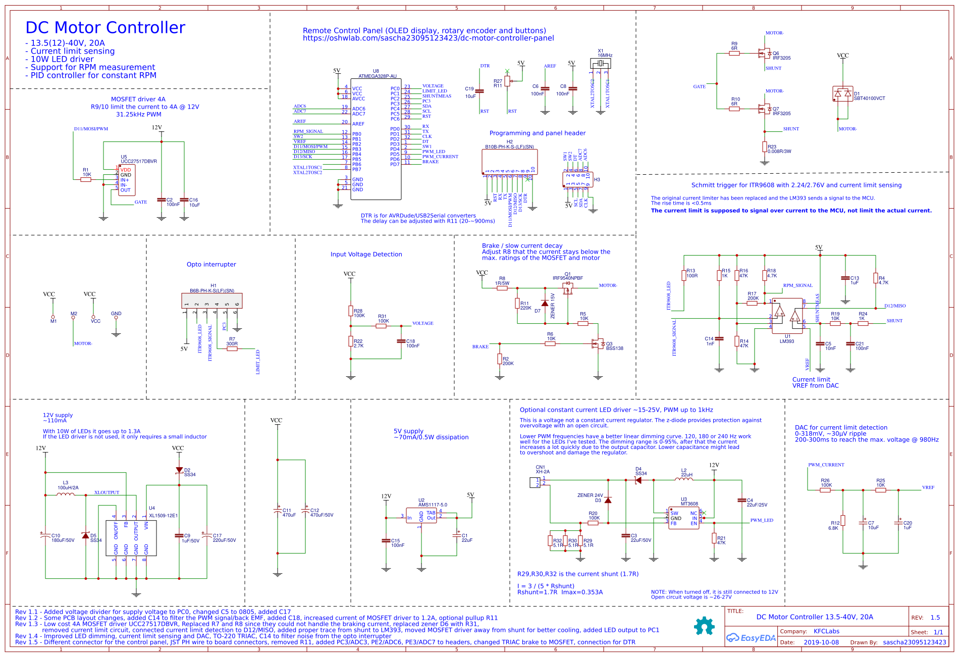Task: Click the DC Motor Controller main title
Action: [105, 28]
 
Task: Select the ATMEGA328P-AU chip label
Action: [377, 76]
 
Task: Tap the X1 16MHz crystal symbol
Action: [600, 63]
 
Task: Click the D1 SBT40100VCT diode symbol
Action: [842, 94]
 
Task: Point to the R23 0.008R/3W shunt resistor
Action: [765, 146]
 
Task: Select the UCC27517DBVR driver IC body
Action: [126, 180]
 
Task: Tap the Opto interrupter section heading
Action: [211, 264]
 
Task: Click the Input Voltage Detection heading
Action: [366, 254]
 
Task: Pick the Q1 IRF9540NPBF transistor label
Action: [567, 278]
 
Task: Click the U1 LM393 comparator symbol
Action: [787, 316]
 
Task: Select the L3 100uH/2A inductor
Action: [65, 494]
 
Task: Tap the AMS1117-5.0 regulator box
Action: [421, 516]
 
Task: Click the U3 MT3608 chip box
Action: [683, 518]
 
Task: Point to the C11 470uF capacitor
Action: [277, 511]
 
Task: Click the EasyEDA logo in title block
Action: [751, 638]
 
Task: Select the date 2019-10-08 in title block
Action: [821, 642]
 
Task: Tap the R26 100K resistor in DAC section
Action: [825, 489]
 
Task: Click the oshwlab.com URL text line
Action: [428, 38]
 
